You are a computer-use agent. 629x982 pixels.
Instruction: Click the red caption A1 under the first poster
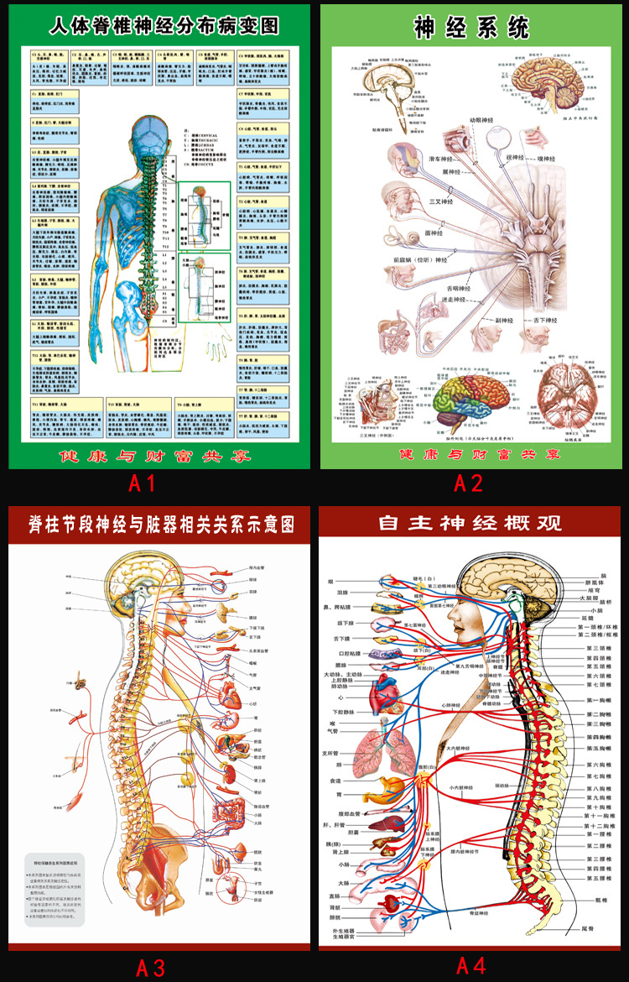pos(142,483)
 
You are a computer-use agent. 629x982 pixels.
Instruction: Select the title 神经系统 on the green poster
pos(472,27)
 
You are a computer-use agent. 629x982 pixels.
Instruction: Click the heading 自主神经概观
pos(470,523)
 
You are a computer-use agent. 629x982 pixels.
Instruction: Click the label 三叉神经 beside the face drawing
pos(440,201)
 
